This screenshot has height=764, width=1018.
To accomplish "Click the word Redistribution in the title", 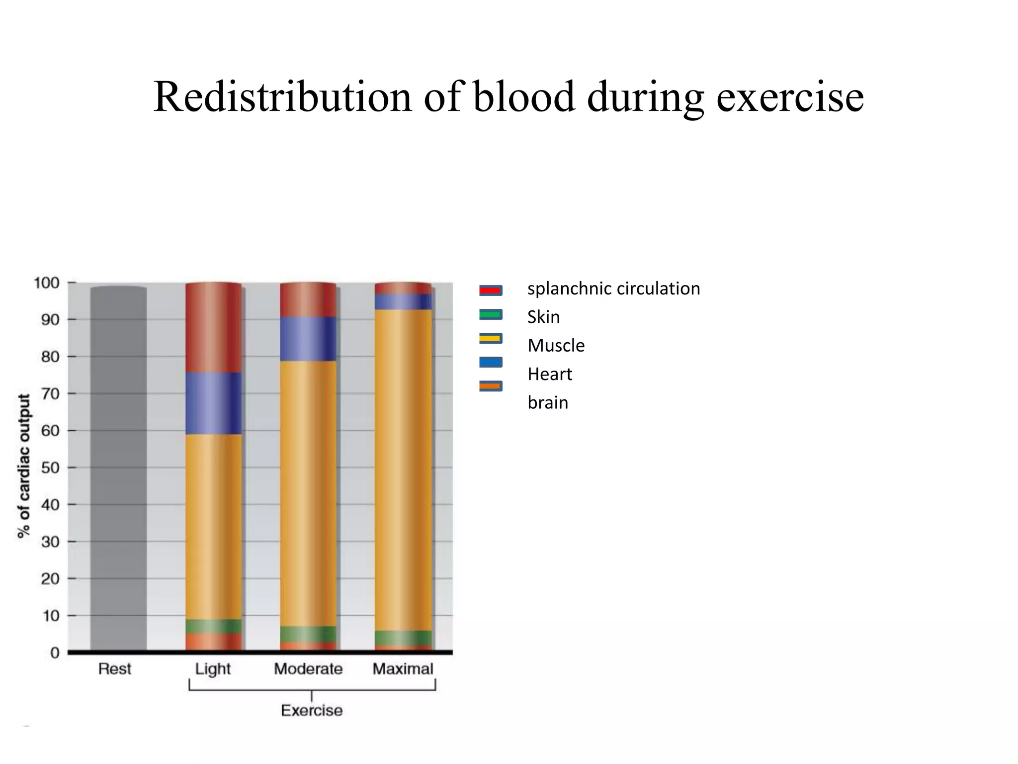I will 282,97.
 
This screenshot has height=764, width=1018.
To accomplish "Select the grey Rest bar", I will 118,468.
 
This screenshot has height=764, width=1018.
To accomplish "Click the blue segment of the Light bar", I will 214,403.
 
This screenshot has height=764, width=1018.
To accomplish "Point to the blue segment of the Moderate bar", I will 308,339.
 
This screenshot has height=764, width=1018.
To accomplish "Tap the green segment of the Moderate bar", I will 308,634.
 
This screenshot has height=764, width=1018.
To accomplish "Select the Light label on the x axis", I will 213,669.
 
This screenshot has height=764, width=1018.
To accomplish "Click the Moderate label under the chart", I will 308,669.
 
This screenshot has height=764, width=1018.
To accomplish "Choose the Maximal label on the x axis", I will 403,669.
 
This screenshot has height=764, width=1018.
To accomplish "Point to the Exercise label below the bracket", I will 312,710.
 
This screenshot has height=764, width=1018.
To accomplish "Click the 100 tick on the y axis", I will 46,283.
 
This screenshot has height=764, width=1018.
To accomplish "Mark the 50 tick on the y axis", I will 50,468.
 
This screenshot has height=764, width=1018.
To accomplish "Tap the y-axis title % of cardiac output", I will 23,466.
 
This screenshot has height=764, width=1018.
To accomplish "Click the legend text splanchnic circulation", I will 613,288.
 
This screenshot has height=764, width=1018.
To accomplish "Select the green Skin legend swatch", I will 491,314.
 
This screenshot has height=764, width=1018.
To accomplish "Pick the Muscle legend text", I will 556,345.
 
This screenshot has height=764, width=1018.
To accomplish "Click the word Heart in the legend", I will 550,374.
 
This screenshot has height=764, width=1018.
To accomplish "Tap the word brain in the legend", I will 548,402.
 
